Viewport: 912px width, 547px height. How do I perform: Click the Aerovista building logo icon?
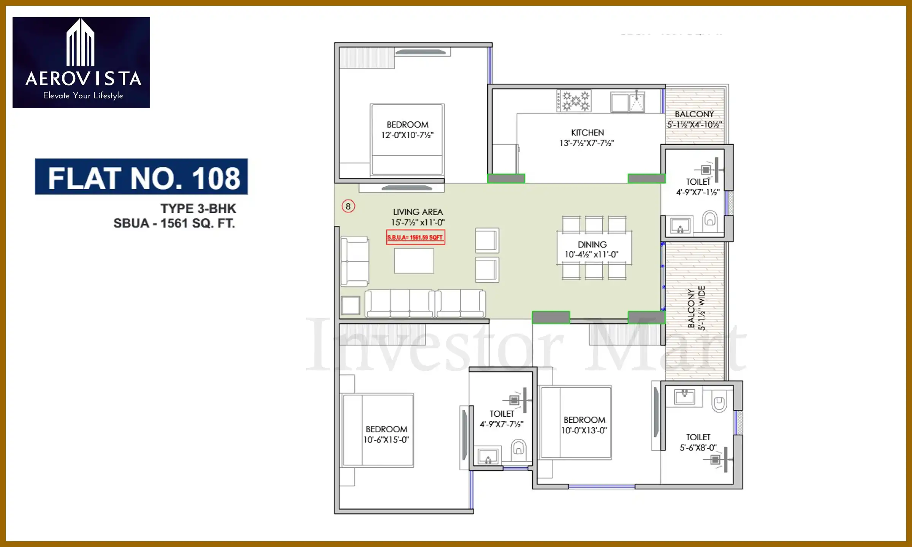pos(81,43)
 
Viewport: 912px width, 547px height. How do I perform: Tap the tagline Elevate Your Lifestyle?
pos(83,96)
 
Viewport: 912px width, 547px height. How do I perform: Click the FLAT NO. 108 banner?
pos(141,177)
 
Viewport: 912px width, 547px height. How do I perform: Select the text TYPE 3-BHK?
pos(198,209)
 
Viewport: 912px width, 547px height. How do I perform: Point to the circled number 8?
pos(348,206)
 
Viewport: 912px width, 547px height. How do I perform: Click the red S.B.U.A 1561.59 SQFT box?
pos(415,237)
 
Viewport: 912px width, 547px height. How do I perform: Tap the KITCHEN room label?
pos(587,133)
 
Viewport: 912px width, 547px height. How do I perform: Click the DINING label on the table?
pos(592,245)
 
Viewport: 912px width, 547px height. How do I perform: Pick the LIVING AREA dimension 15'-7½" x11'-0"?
pos(418,223)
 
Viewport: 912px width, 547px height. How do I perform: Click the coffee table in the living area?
pos(414,261)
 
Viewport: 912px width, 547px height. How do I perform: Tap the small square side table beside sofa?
pos(350,305)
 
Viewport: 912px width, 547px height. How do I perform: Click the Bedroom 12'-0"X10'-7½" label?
pos(407,130)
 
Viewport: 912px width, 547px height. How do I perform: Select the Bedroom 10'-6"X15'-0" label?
pos(386,434)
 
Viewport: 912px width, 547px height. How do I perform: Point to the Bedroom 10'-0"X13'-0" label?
pos(584,425)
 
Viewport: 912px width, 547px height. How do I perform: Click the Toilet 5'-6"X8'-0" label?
pos(698,443)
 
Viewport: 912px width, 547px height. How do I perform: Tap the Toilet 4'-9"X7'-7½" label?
pos(502,419)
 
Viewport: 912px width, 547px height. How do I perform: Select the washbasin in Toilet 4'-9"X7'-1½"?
pos(680,226)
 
